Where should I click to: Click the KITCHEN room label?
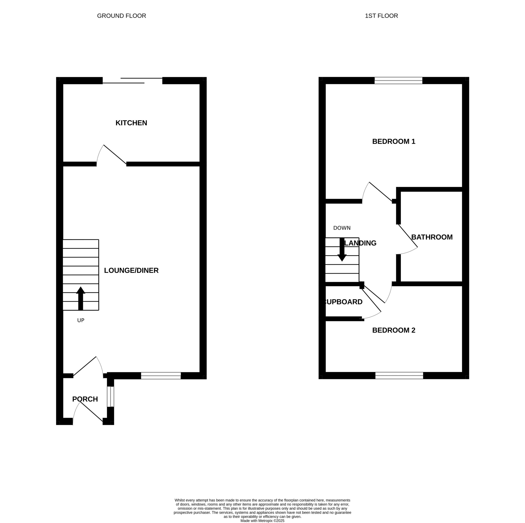[x=131, y=123]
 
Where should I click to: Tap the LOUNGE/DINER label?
[x=131, y=270]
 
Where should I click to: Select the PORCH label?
[x=85, y=399]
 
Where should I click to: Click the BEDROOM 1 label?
[x=394, y=141]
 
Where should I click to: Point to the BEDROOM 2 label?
[x=394, y=330]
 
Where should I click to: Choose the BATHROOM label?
[x=432, y=237]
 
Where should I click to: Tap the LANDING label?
[x=360, y=243]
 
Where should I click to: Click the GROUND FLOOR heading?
[x=121, y=16]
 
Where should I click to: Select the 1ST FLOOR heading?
[x=381, y=16]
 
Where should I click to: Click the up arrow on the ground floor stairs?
[x=81, y=298]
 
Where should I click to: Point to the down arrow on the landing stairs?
[x=342, y=249]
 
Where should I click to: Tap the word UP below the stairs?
[x=81, y=320]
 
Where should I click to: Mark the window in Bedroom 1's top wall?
[x=398, y=80]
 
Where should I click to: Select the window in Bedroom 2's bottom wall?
[x=399, y=375]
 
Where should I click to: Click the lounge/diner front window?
[x=161, y=376]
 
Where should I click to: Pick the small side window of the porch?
[x=110, y=397]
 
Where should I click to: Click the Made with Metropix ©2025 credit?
[x=262, y=521]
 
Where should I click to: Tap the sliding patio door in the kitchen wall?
[x=132, y=80]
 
